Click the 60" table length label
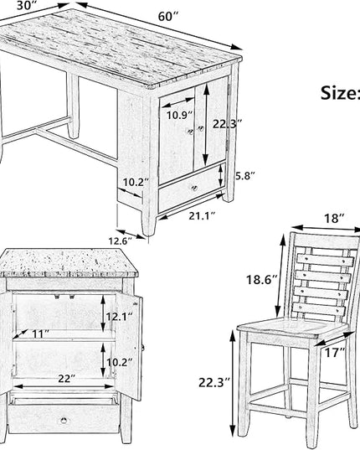click(x=168, y=17)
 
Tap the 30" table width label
click(x=27, y=6)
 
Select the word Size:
click(x=340, y=93)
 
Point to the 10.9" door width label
click(x=179, y=115)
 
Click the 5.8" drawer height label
click(x=244, y=176)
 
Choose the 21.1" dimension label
click(x=202, y=216)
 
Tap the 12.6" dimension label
click(x=121, y=241)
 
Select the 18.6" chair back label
click(x=262, y=279)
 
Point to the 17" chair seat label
click(x=335, y=352)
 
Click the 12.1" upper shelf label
click(x=120, y=317)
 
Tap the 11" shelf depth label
click(x=40, y=334)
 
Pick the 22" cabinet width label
click(x=66, y=379)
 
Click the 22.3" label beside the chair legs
click(x=214, y=383)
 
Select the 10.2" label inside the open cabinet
click(x=120, y=363)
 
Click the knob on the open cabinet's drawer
click(x=64, y=421)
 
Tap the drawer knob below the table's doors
click(x=194, y=189)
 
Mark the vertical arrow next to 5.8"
click(x=220, y=175)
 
